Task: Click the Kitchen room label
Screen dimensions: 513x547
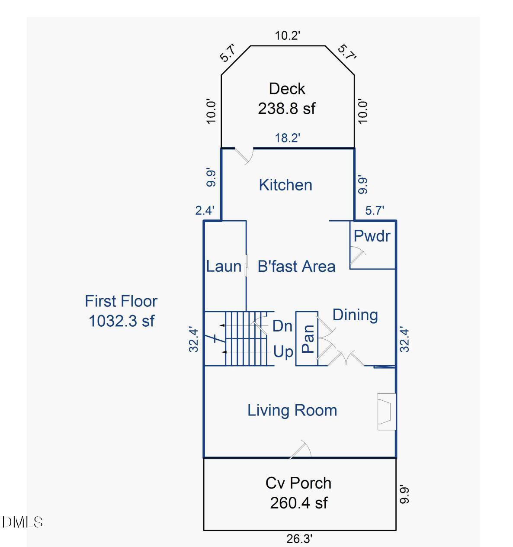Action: point(285,185)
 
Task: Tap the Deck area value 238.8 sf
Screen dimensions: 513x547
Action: point(287,108)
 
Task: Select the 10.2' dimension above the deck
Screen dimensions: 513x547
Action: point(288,35)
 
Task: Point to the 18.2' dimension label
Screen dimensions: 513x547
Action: point(288,138)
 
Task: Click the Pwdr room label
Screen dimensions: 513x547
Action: point(372,236)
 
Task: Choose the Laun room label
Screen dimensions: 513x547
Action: point(224,266)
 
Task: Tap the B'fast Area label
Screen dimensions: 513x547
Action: point(296,266)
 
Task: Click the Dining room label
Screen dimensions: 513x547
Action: point(355,315)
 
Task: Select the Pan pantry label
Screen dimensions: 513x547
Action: point(308,338)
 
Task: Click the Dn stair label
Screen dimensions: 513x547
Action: point(282,326)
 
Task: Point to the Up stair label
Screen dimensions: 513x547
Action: point(283,352)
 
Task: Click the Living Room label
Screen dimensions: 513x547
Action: point(292,410)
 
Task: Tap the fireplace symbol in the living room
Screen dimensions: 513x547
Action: point(386,412)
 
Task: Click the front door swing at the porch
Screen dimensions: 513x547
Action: point(301,449)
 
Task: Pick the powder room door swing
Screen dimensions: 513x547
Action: point(358,255)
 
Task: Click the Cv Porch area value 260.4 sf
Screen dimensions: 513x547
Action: point(298,503)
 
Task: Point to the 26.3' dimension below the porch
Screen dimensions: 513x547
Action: point(299,539)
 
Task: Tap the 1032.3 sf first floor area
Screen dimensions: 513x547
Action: point(122,321)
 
